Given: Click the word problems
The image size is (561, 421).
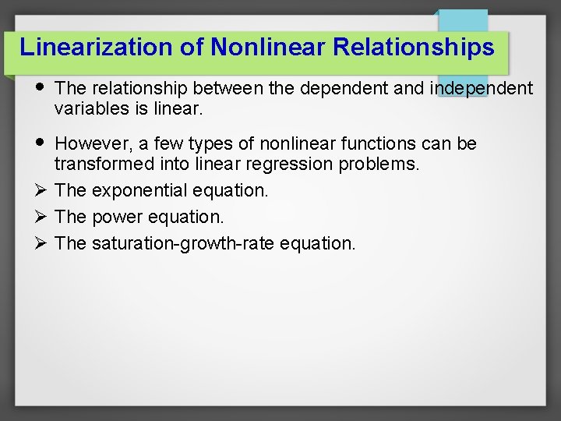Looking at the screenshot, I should click(x=380, y=164).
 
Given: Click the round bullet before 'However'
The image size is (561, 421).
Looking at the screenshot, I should click(x=41, y=143).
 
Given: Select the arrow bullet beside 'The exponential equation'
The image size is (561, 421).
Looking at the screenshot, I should click(x=41, y=190).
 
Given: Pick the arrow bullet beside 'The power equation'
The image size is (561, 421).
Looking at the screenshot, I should click(x=41, y=217).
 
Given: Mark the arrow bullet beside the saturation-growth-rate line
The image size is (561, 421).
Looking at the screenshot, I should click(x=41, y=243).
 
